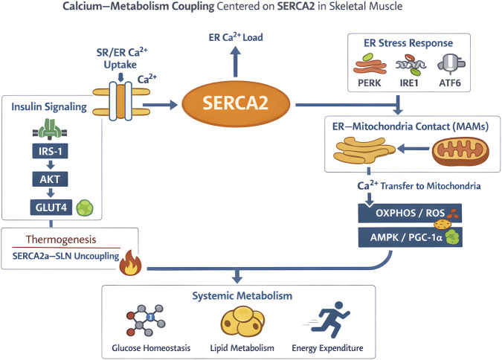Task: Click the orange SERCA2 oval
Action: tap(236, 103)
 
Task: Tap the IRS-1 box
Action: tap(50, 151)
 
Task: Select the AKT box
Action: tap(50, 179)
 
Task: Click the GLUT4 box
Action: tap(51, 208)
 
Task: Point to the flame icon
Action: tap(130, 263)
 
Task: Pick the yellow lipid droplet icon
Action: tap(242, 321)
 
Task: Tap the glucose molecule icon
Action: tap(146, 320)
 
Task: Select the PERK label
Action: tap(370, 83)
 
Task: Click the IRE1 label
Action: tap(409, 83)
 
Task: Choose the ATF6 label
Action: tap(450, 83)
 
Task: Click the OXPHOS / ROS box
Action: tap(410, 213)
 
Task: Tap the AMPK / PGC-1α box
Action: tap(410, 237)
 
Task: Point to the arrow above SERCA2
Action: tap(236, 62)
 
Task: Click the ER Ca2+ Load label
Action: tap(236, 37)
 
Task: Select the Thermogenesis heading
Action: tap(61, 240)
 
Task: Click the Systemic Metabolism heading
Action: tap(242, 295)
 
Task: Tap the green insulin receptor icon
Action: tap(50, 129)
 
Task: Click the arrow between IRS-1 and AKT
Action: tap(51, 165)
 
